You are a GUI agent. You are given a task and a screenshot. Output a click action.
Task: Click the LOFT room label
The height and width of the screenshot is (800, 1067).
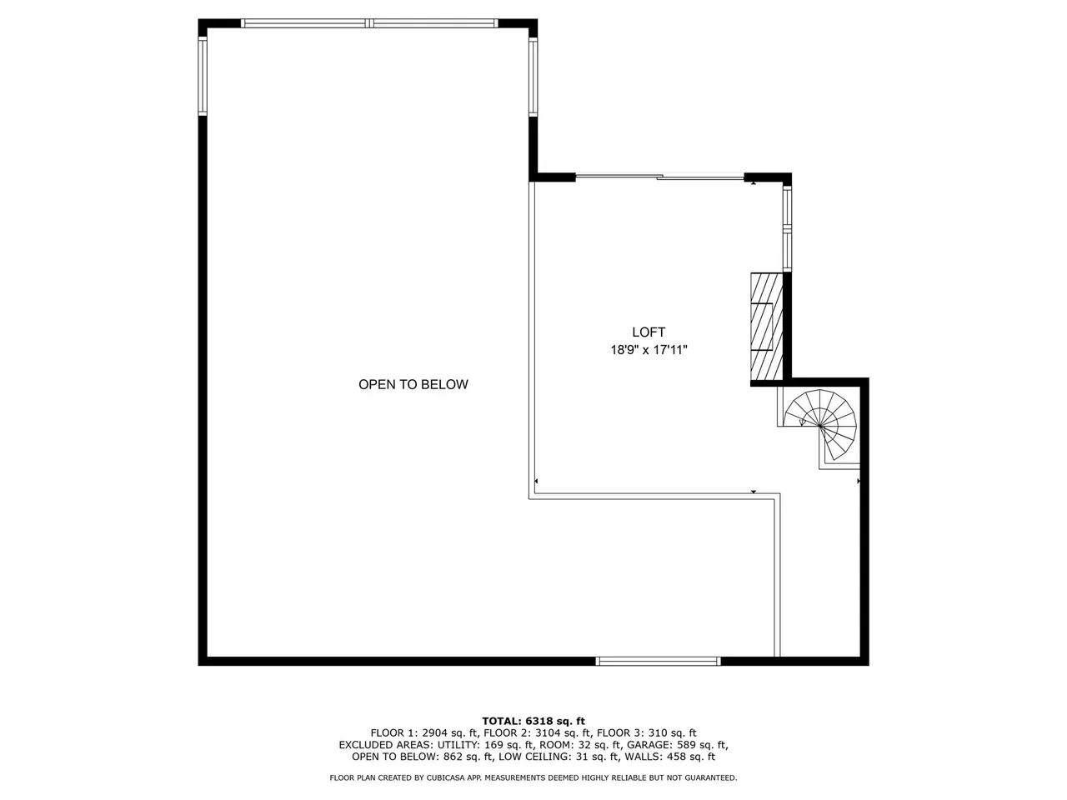pyautogui.click(x=648, y=332)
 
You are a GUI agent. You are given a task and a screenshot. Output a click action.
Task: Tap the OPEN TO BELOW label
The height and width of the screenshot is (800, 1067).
pyautogui.click(x=413, y=384)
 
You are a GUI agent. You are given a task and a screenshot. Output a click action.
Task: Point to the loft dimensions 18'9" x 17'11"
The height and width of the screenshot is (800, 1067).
pyautogui.click(x=649, y=350)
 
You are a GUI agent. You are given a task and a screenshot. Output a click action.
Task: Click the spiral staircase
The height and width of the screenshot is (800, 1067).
pyautogui.click(x=819, y=425)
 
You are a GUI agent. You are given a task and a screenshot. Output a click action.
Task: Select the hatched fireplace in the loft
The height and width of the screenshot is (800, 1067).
pyautogui.click(x=767, y=327)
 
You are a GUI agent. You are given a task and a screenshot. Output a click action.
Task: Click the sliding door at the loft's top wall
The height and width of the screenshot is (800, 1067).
pyautogui.click(x=659, y=177)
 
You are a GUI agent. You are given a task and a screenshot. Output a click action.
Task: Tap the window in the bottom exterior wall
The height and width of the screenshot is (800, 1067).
pyautogui.click(x=659, y=661)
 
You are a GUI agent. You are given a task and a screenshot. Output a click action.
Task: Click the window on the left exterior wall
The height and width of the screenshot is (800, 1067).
pyautogui.click(x=203, y=77)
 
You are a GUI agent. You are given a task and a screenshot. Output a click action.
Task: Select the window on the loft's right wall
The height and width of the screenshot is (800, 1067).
pyautogui.click(x=787, y=229)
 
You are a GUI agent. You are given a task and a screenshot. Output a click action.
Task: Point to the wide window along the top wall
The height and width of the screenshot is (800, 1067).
pyautogui.click(x=369, y=22)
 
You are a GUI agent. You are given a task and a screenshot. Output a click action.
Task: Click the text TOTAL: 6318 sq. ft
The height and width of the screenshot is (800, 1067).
pyautogui.click(x=533, y=721)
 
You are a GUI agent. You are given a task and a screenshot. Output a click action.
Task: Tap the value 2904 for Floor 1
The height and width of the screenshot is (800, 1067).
pyautogui.click(x=435, y=733)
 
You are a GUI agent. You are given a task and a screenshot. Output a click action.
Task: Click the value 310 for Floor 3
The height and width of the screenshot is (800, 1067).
pyautogui.click(x=659, y=733)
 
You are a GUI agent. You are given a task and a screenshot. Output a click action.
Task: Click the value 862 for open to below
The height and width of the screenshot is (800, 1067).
pyautogui.click(x=453, y=757)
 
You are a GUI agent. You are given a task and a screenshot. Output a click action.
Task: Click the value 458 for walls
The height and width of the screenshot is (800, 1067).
pyautogui.click(x=677, y=757)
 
